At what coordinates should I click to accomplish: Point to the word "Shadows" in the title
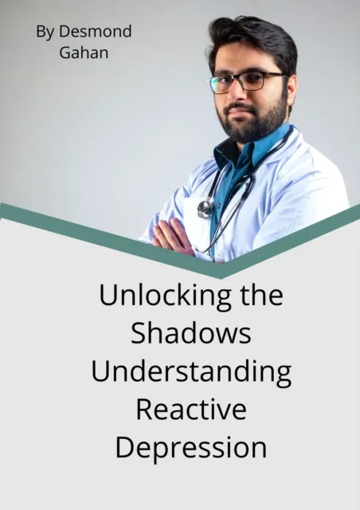191,334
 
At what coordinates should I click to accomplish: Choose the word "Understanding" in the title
191,372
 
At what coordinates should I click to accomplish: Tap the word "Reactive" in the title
191,410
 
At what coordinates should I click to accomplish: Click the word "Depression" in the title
191,447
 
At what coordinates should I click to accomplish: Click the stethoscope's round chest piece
205,208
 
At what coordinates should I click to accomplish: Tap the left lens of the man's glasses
225,83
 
